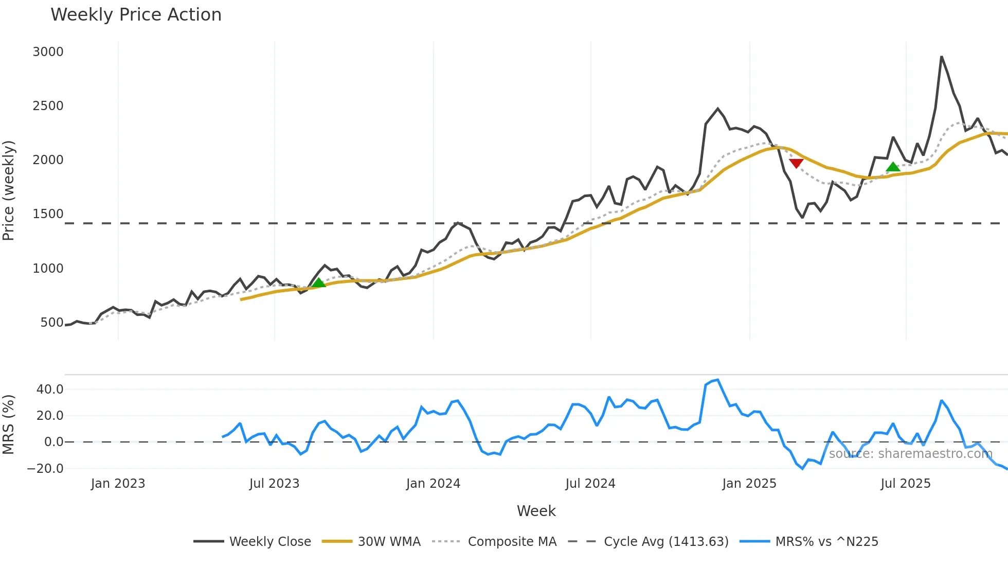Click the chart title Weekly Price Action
tap(136, 15)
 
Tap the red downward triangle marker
tap(796, 163)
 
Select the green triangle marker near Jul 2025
tap(893, 167)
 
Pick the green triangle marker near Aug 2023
tap(319, 282)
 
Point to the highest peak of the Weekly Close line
tap(942, 57)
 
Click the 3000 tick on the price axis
tap(48, 52)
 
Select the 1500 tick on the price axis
tap(48, 214)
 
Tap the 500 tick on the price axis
tap(51, 323)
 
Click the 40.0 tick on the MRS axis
tap(49, 389)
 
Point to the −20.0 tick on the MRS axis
tap(45, 469)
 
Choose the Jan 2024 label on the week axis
tap(433, 484)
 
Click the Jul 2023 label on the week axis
tap(274, 484)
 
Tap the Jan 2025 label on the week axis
tap(749, 484)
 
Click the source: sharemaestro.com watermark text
tap(910, 454)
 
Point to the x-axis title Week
tap(536, 511)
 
